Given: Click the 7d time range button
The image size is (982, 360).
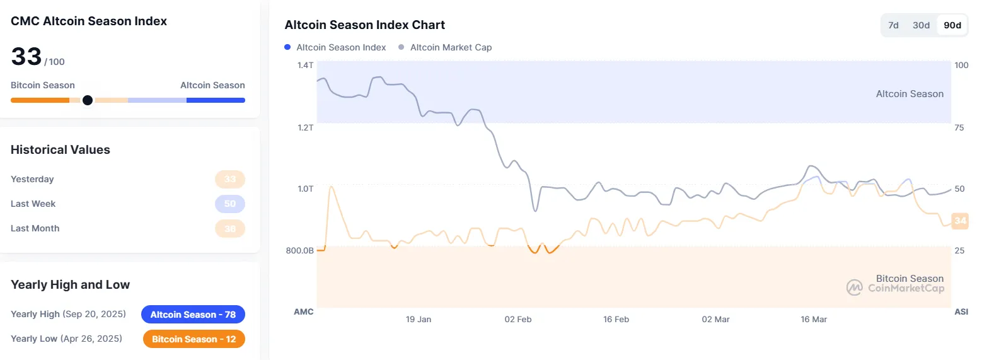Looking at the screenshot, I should tap(893, 25).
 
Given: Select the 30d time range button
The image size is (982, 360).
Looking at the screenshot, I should tap(921, 25).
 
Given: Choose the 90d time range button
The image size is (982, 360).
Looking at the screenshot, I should tap(952, 25).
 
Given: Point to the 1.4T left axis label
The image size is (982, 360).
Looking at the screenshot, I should tap(305, 65).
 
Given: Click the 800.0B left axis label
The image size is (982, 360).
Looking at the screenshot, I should tap(299, 250).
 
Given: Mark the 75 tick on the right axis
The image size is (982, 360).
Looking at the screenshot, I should tap(959, 127).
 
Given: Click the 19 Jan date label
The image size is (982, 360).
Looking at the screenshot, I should tap(419, 320).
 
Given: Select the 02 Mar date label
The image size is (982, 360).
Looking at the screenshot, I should tap(715, 320).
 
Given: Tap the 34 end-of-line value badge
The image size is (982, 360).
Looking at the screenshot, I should tap(960, 221).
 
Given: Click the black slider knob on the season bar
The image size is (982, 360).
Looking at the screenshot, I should tap(88, 100).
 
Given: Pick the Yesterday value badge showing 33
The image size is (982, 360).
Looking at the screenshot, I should tap(230, 179).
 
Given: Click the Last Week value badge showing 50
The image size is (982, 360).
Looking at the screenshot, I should tap(230, 204).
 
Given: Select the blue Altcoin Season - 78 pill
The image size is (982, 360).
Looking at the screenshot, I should tap(193, 314).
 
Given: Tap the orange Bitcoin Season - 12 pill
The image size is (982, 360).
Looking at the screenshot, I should tap(194, 339).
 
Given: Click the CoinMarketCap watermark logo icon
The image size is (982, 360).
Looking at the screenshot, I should tap(854, 287).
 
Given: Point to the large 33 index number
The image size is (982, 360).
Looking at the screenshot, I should tap(26, 57).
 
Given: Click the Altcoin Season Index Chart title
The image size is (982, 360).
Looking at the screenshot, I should tap(365, 25).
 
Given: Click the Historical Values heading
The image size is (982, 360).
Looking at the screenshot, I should tap(61, 150).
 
